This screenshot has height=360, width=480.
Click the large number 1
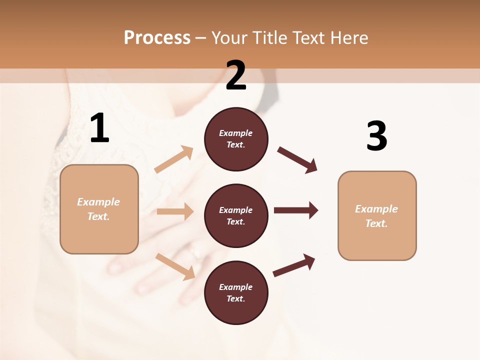[99, 129]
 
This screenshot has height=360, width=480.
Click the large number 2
[236, 76]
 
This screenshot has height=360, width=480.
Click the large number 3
[376, 136]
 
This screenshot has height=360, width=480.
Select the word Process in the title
[157, 37]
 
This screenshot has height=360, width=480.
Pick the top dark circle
[236, 139]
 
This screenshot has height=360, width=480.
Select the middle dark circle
[236, 215]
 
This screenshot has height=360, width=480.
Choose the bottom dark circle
[236, 292]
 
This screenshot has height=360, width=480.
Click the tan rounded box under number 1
[99, 209]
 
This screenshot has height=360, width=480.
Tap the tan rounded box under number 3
[377, 215]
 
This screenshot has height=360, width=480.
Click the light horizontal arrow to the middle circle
[175, 211]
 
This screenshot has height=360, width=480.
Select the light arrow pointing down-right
[175, 266]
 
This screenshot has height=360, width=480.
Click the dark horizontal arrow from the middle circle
[296, 210]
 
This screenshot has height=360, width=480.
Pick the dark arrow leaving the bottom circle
[294, 265]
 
